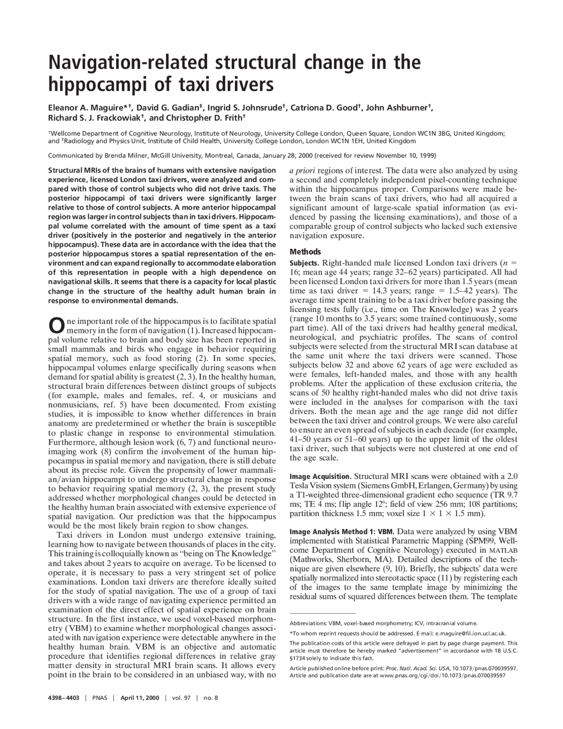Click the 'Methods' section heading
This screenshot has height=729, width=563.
(x=305, y=252)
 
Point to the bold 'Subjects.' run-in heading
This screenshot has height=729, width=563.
(x=304, y=263)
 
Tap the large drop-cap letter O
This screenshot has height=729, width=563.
(x=55, y=325)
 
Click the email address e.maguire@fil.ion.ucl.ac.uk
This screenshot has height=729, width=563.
(x=470, y=633)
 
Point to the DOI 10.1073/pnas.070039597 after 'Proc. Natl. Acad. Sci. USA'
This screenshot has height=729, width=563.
(x=485, y=668)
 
